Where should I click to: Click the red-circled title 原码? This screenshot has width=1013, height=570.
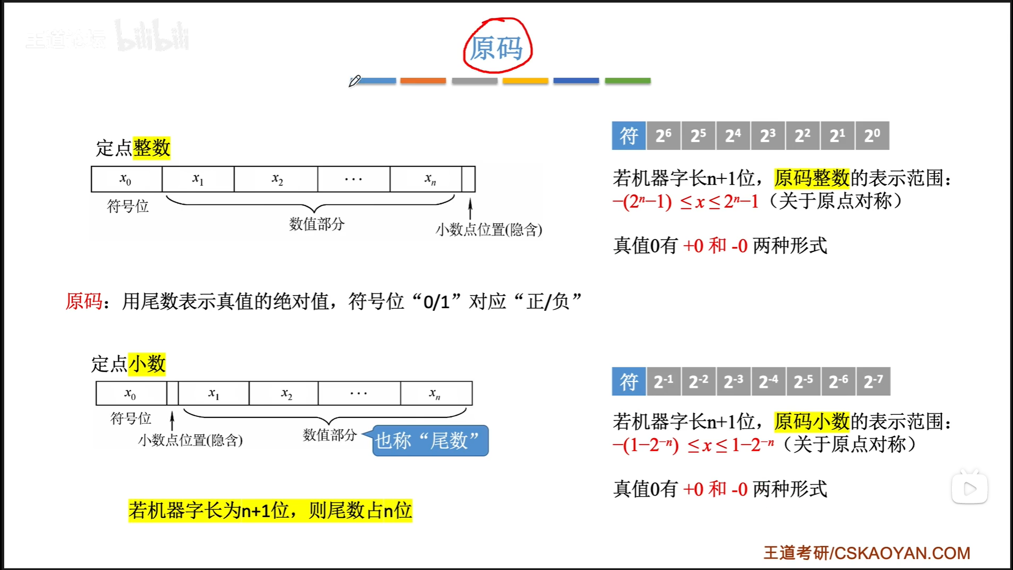tap(496, 47)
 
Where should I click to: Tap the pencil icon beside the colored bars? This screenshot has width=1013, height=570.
tap(355, 81)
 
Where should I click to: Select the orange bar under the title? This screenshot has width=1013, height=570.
tap(423, 81)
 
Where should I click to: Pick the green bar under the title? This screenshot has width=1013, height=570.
tap(627, 81)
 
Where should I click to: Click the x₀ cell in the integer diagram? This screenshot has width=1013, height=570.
tap(126, 179)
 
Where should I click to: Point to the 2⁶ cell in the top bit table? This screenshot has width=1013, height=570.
tap(663, 136)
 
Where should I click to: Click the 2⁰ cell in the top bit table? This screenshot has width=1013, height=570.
tap(872, 136)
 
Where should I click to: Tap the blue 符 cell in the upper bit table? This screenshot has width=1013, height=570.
tap(628, 136)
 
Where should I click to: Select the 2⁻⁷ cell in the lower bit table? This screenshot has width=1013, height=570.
tap(873, 381)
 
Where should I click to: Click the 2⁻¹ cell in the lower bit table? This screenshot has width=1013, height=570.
tap(663, 381)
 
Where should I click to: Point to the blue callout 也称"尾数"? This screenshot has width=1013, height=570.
tap(430, 440)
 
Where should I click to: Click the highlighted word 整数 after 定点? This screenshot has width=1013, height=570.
tap(151, 148)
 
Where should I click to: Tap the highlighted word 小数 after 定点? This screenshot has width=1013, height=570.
tap(147, 364)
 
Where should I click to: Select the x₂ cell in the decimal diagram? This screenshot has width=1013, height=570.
tap(286, 393)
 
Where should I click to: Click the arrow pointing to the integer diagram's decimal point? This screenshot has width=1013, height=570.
tap(470, 208)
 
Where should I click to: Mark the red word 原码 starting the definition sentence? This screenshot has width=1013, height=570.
tap(84, 301)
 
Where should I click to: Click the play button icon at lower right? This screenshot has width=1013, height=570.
tap(970, 489)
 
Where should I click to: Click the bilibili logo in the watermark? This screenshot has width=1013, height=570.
tap(152, 37)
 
